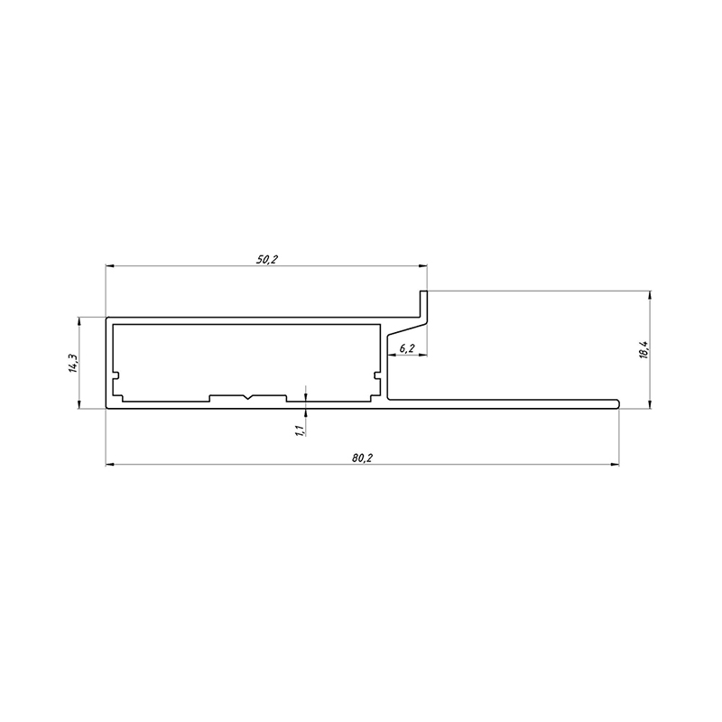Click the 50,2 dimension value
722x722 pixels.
point(267,259)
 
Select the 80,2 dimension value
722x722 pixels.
point(363,458)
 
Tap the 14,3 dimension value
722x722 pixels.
point(73,363)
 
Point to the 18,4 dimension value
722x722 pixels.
point(643,350)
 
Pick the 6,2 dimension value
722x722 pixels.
point(407,348)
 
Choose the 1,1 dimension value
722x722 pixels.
point(300,430)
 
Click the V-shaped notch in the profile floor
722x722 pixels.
point(247,397)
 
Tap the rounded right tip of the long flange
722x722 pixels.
point(617,403)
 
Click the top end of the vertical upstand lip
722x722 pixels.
point(423,291)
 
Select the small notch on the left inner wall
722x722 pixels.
point(116,375)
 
